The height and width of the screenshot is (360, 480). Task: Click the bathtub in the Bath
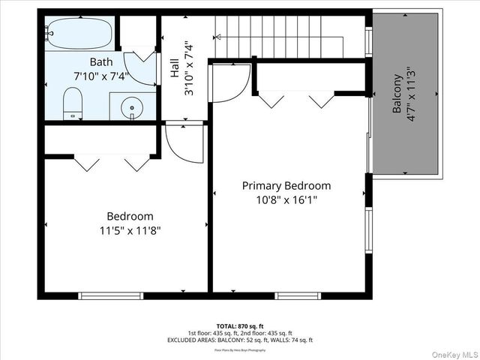pos(79,34)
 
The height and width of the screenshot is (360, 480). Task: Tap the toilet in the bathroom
pos(73,103)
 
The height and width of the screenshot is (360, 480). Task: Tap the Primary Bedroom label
pos(286,186)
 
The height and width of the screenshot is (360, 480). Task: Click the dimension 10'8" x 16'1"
pos(286,200)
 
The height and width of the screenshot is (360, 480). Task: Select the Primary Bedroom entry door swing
pos(228,82)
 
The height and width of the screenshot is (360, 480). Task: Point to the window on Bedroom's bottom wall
pos(110,295)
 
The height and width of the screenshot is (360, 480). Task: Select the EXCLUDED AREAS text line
pos(239,340)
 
